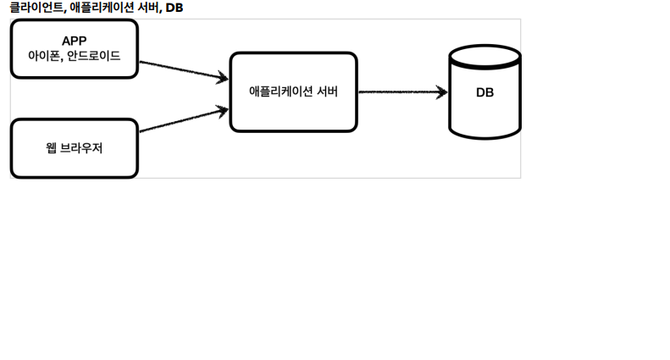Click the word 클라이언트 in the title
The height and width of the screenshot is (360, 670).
coord(36,8)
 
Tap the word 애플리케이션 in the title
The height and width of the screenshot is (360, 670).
coord(102,8)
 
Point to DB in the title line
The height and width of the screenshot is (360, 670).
coord(174,8)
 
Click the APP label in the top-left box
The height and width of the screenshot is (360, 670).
coord(75,41)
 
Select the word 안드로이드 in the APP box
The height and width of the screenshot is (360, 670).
coord(93,56)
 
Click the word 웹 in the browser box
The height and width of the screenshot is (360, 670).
coord(51,148)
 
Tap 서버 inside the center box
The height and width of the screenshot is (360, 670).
coord(328,91)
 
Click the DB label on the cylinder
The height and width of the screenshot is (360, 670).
coord(485,92)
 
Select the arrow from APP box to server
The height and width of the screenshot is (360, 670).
coord(184,70)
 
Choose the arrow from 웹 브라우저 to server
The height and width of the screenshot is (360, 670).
coord(184,120)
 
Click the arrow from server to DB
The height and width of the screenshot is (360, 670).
coord(403,92)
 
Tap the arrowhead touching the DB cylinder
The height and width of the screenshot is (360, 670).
coord(442,92)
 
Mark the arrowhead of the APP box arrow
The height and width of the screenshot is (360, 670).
coord(223,77)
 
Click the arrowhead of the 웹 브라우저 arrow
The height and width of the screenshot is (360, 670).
coord(223,111)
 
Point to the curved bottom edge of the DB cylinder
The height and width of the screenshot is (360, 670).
coord(485,138)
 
